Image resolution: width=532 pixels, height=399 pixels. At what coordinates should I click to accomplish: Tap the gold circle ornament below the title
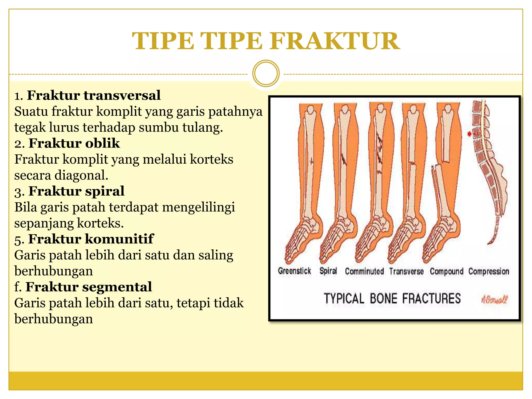(266, 74)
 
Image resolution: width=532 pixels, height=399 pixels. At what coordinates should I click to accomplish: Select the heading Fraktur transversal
(94, 95)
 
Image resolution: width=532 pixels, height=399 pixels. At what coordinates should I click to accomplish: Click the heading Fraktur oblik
(74, 143)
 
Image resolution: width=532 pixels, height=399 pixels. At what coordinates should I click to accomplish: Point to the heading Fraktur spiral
(76, 191)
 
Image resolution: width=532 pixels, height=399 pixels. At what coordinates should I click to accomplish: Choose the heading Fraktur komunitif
(91, 239)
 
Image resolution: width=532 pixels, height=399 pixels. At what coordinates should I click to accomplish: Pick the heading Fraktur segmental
(89, 287)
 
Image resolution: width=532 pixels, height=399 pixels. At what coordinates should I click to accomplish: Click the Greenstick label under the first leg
(294, 271)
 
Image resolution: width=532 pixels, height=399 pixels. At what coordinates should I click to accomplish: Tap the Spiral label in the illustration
(328, 271)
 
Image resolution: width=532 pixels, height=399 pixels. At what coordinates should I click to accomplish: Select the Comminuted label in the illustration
(364, 271)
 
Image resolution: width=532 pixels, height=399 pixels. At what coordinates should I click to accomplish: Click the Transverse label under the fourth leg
(406, 271)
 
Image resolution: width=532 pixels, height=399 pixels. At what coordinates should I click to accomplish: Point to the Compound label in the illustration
(447, 271)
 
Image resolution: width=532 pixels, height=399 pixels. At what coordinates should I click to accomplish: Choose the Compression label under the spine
(489, 271)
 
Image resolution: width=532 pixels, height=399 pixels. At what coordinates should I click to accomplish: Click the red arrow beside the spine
(469, 134)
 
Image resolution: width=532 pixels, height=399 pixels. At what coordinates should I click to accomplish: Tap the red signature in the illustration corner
(494, 300)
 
